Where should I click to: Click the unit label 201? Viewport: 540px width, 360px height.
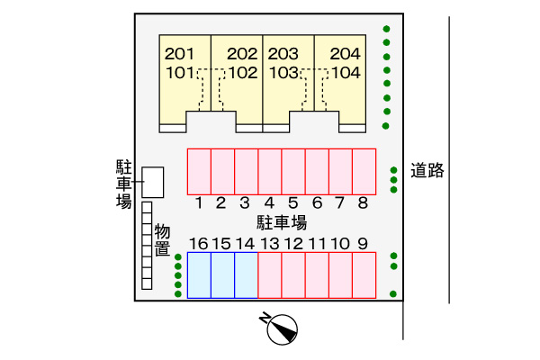[x=180, y=53]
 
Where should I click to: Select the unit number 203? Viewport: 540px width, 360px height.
[x=283, y=53]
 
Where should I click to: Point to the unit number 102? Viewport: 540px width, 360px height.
[x=242, y=73]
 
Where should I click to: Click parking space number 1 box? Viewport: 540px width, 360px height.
[x=199, y=171]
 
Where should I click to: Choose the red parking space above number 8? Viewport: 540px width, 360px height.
[x=364, y=171]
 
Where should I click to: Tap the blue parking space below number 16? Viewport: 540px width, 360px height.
[x=199, y=275]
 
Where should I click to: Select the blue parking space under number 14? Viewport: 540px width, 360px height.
[x=246, y=275]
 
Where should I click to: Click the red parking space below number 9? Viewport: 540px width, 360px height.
[x=364, y=275]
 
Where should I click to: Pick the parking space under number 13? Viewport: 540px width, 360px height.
[x=269, y=275]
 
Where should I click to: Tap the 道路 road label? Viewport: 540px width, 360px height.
[x=428, y=171]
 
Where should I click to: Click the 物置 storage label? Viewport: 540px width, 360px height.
[x=162, y=240]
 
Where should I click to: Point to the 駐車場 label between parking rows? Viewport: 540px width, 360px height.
[x=282, y=222]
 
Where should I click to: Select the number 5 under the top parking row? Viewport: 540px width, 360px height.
[x=292, y=202]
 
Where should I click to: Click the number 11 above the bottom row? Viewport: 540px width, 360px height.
[x=317, y=243]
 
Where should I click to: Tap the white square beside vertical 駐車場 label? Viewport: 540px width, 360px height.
[x=154, y=182]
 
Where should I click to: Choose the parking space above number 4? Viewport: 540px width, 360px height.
[x=269, y=171]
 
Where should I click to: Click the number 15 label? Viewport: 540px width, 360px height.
[x=221, y=243]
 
